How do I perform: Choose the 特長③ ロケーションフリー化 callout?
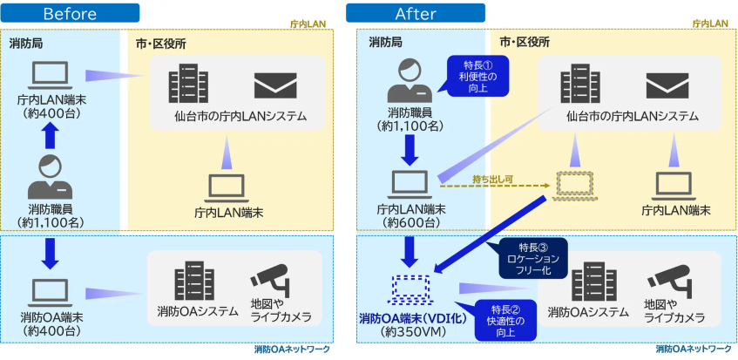531,258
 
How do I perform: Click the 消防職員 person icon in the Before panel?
50,175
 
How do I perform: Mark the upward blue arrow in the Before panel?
50,133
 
